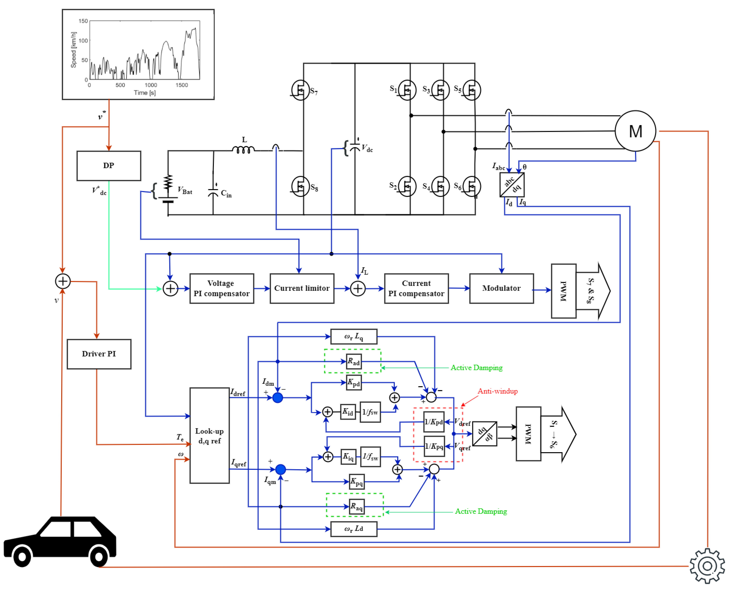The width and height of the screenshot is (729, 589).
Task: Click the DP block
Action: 109,166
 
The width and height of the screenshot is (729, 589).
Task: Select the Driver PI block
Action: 99,354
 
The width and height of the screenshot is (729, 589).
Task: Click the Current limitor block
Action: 302,288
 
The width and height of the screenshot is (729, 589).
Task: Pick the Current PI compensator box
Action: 416,288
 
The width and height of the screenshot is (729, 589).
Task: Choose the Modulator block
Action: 502,288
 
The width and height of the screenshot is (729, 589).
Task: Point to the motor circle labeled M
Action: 635,131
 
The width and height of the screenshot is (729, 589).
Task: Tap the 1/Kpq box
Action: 434,446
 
